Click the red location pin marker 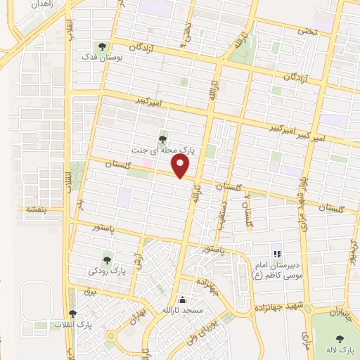(x=181, y=166)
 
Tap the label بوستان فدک (x=103, y=56)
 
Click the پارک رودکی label (x=106, y=271)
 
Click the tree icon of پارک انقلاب (x=72, y=314)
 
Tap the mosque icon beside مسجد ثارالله (x=182, y=300)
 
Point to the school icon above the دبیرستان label (x=276, y=253)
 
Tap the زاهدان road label (x=28, y=6)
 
